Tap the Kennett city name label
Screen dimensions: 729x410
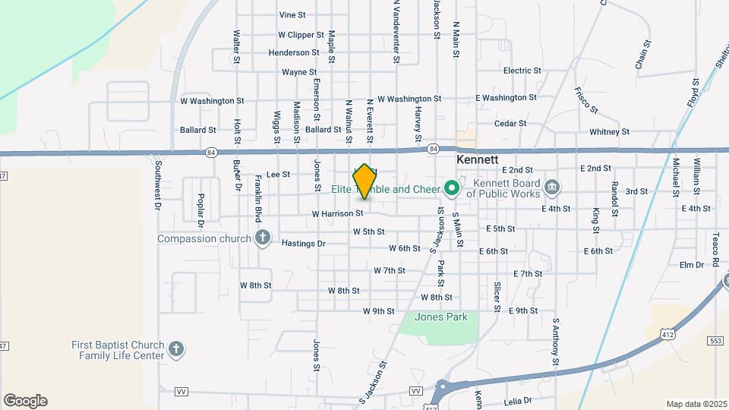pyautogui.click(x=478, y=160)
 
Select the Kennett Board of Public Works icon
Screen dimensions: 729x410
pyautogui.click(x=553, y=187)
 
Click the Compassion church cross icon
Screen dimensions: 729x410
pyautogui.click(x=263, y=238)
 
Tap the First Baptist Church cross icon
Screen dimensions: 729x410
pyautogui.click(x=176, y=349)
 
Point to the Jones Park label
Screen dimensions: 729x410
pyautogui.click(x=441, y=317)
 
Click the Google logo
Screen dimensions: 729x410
pyautogui.click(x=25, y=401)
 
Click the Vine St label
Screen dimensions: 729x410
pyautogui.click(x=292, y=14)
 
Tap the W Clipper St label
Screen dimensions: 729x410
pyautogui.click(x=301, y=35)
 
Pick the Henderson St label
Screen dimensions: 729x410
pyautogui.click(x=273, y=53)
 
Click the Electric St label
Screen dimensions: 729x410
pyautogui.click(x=522, y=71)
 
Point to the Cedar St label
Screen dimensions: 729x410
pyautogui.click(x=510, y=123)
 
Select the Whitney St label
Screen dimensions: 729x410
pyautogui.click(x=609, y=131)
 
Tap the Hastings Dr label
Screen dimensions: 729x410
pyautogui.click(x=303, y=244)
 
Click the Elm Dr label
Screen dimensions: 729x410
pyautogui.click(x=692, y=265)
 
